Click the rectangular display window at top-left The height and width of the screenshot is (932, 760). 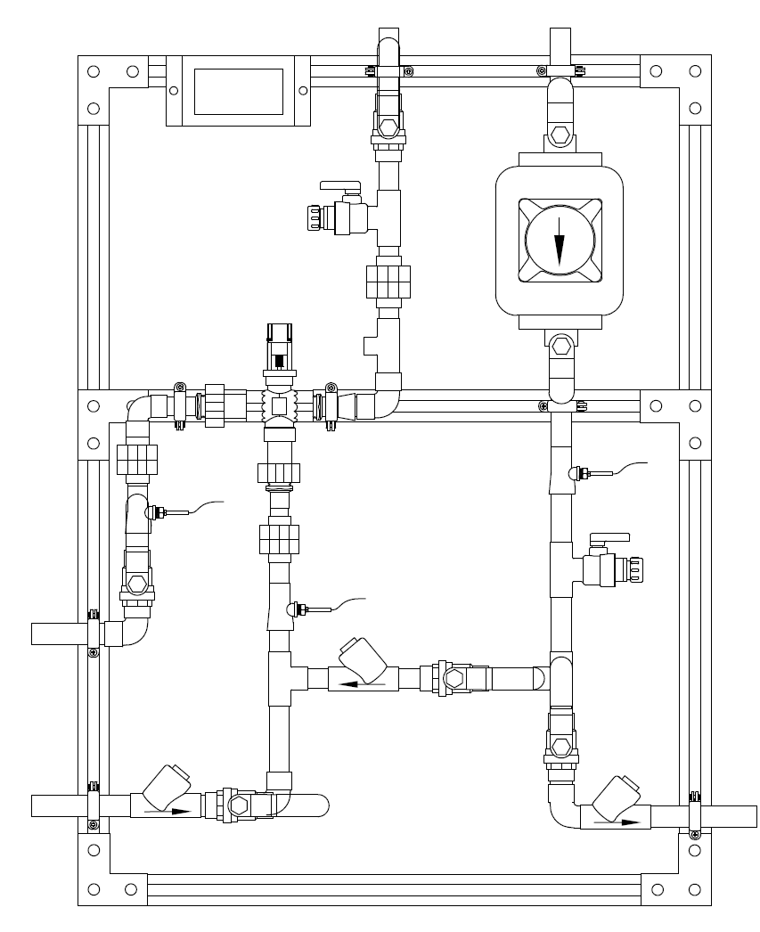[x=238, y=90]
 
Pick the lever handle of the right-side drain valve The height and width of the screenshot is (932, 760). [x=609, y=537]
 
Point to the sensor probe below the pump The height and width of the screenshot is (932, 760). [x=584, y=473]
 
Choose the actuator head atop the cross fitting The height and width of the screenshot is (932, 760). [x=280, y=343]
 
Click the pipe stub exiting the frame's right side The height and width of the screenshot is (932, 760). [x=726, y=816]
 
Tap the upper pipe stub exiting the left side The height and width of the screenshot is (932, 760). [x=58, y=634]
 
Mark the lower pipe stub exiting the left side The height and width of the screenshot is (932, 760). [x=58, y=805]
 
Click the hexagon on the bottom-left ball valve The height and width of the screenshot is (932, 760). [x=240, y=805]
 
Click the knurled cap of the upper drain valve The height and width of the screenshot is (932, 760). [x=314, y=216]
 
